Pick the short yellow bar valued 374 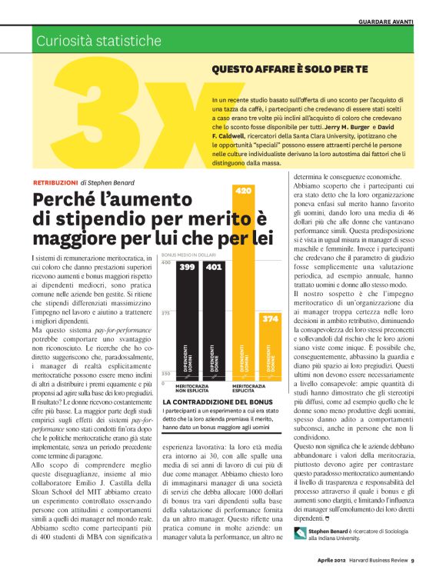point(270,346)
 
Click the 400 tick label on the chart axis point(165,263)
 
